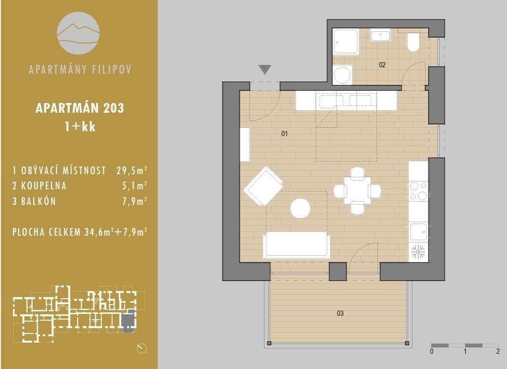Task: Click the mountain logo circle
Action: [x=78, y=33]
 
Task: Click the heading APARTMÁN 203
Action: [x=79, y=108]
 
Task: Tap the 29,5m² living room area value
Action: [x=132, y=170]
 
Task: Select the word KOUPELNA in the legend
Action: [x=44, y=186]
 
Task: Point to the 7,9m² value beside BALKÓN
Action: [x=135, y=201]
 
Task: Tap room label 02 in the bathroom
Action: [x=382, y=65]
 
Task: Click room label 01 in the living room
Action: [x=285, y=133]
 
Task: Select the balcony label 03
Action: [x=340, y=313]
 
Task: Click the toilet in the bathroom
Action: [x=413, y=42]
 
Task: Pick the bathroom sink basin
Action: [x=381, y=36]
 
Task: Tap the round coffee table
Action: [x=300, y=208]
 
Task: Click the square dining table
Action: [x=357, y=190]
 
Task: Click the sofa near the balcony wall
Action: [x=297, y=245]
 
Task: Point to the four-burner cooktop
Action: [x=418, y=191]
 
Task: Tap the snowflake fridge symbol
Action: [x=418, y=252]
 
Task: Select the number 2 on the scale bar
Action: [x=498, y=351]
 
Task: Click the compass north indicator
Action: [x=142, y=348]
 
